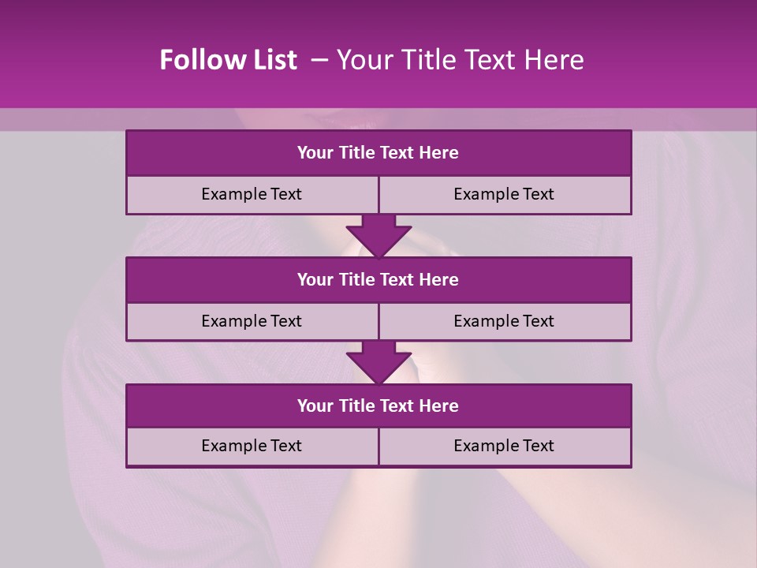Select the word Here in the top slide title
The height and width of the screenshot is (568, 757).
pos(555,60)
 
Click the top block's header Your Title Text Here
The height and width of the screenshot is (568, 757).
pos(378,153)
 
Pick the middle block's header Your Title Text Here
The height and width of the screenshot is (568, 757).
pos(378,279)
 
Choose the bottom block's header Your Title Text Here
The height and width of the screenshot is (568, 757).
pos(378,405)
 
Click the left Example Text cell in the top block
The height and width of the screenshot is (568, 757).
pos(252,194)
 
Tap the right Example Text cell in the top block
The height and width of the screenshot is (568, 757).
pos(504,194)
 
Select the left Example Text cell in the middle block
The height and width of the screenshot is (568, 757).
pos(252,321)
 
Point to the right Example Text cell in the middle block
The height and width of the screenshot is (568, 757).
pos(504,321)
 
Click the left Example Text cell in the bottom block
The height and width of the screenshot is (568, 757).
pos(252,446)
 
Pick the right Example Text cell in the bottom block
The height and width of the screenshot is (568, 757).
pos(504,446)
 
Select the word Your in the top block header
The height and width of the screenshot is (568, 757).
pos(315,153)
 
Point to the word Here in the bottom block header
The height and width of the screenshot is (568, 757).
pos(438,405)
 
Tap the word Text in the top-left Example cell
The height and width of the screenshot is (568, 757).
pos(285,194)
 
